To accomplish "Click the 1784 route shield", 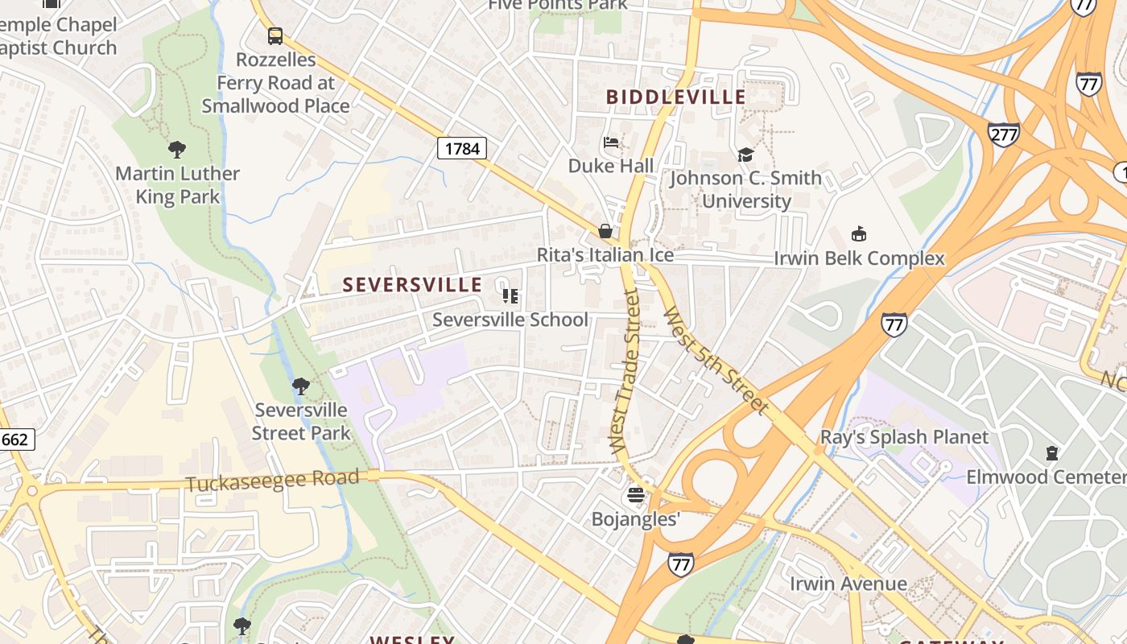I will [462, 148].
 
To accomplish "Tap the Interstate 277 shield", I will [1003, 134].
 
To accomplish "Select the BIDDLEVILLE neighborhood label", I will [675, 97].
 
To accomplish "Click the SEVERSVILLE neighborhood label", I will [412, 285].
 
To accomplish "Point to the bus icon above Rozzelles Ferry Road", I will [275, 35].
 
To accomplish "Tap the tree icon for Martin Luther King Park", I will [177, 149].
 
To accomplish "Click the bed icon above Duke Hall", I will [611, 142].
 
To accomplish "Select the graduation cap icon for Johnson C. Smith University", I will [745, 155].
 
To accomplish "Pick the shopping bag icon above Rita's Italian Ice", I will [605, 232].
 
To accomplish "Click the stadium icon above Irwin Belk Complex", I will [859, 234].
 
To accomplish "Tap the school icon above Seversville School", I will [510, 296].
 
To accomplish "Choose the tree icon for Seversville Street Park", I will [301, 386].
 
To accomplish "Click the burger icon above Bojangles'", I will [636, 494].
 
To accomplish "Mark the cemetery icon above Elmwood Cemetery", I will [1051, 453].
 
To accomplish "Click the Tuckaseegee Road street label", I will [272, 481].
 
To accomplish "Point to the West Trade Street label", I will [625, 372].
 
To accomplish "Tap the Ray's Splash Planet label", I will [904, 437].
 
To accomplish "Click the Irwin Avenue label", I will [848, 584].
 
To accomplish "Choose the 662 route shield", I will [14, 440].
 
